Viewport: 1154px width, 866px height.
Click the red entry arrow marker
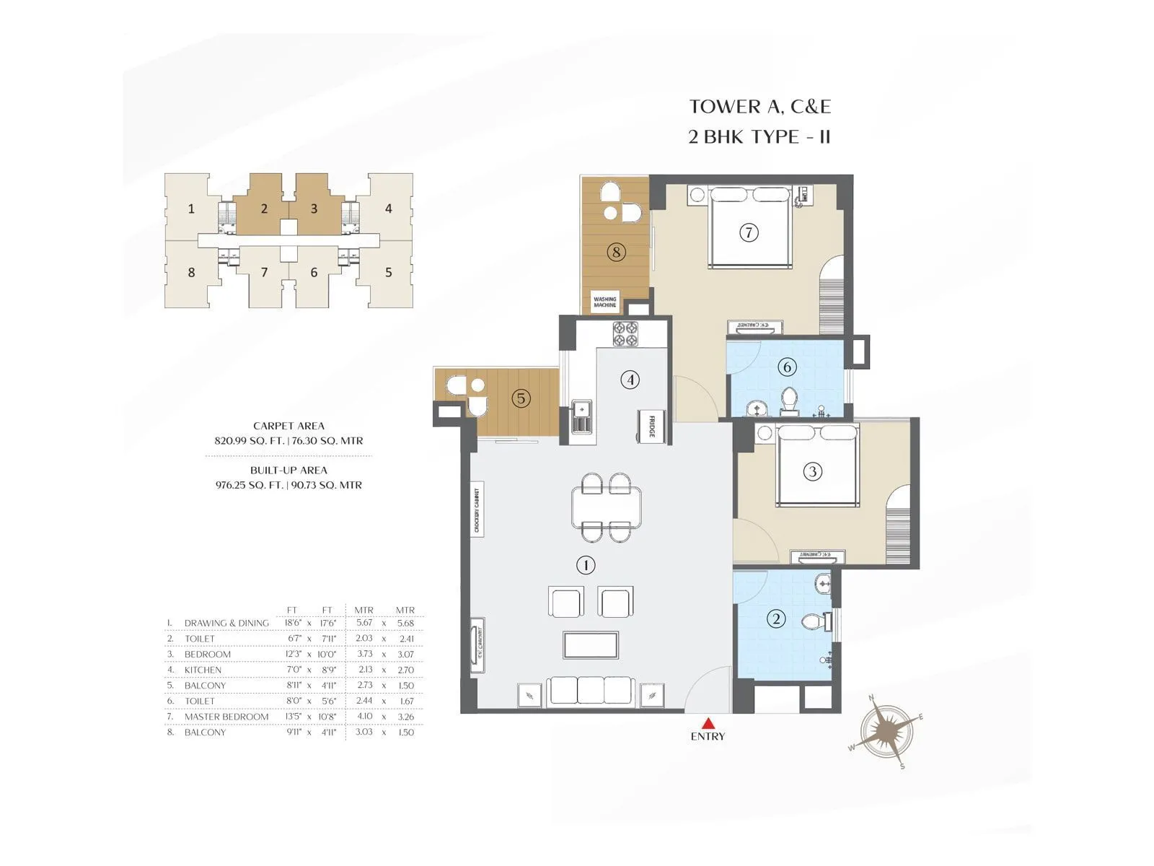(x=709, y=723)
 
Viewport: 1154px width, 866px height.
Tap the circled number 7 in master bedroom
(x=749, y=232)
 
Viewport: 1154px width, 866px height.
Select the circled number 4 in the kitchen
(x=630, y=380)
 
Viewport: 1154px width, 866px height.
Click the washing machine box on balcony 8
(x=604, y=302)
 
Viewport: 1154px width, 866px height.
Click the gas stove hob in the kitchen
(x=625, y=333)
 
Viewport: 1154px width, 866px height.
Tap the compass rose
(x=886, y=730)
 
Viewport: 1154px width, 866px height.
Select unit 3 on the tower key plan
(x=314, y=209)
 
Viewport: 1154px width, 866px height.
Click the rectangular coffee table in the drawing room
(x=591, y=645)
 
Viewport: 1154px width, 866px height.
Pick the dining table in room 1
(x=606, y=508)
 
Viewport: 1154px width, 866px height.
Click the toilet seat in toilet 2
(x=814, y=621)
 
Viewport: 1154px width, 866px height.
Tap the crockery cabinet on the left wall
(x=477, y=509)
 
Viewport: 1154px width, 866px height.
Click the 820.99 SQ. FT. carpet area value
(x=248, y=441)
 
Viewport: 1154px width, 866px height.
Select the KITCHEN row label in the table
(x=203, y=670)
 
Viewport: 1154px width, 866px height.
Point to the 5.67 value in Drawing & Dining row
(x=364, y=623)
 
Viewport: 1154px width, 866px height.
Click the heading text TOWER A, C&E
(x=759, y=107)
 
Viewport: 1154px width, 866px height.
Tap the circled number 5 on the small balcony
(x=521, y=398)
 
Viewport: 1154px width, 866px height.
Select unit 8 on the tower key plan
(x=191, y=273)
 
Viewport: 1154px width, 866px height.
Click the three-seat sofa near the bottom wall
(x=591, y=691)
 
